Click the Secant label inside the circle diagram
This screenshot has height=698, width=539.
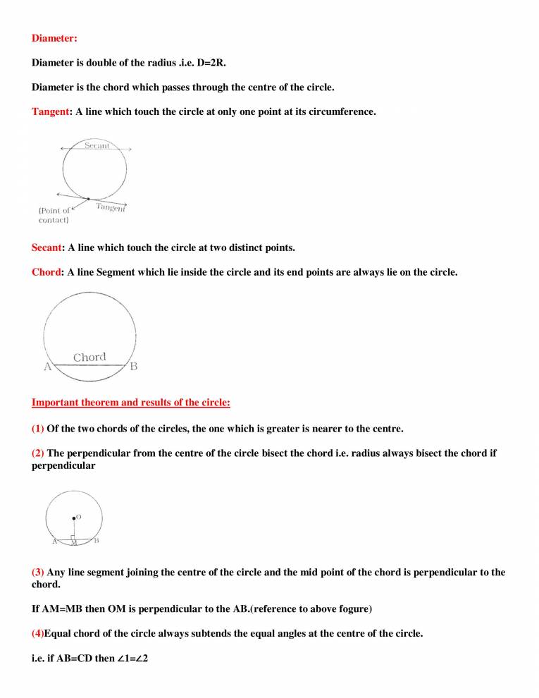(x=97, y=145)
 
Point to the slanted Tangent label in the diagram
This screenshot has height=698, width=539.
(x=111, y=207)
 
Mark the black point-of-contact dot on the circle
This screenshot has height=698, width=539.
(x=88, y=200)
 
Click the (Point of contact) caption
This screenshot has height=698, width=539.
(x=54, y=215)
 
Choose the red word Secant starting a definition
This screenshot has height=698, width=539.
(x=47, y=247)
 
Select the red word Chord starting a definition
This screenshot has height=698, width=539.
(x=47, y=271)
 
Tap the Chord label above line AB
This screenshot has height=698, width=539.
(x=89, y=357)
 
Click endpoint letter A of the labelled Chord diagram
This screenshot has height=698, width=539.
(x=47, y=367)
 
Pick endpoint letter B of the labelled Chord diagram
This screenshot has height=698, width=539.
(x=134, y=367)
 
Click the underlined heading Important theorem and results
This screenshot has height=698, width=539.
(x=130, y=403)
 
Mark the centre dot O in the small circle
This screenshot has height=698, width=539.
(x=73, y=518)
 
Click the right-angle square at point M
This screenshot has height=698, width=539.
(x=73, y=538)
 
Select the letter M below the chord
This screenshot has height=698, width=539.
(x=73, y=544)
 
